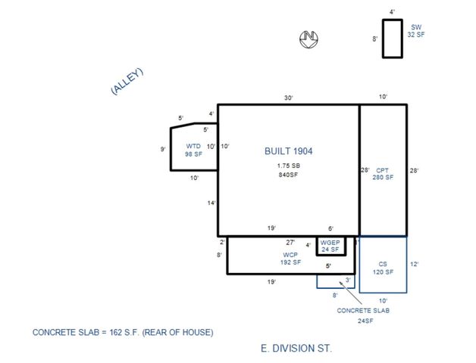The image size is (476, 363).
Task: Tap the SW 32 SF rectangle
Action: point(392,39)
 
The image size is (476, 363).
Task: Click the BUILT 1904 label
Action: point(288,151)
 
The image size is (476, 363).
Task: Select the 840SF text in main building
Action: point(288,175)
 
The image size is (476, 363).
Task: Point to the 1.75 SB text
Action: point(288,165)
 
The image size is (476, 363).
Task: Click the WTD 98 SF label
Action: point(193,150)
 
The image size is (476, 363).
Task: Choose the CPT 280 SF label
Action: point(383,174)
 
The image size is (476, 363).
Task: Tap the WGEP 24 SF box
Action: point(330,245)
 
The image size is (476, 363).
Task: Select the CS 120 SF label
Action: point(383,268)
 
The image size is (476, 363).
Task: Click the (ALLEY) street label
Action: point(127,82)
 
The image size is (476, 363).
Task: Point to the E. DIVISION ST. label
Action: point(296,349)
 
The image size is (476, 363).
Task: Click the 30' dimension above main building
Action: point(289,98)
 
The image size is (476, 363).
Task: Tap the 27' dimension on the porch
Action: point(290,243)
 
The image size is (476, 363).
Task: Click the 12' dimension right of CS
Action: point(414,265)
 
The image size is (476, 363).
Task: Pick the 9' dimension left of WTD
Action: point(163,150)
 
